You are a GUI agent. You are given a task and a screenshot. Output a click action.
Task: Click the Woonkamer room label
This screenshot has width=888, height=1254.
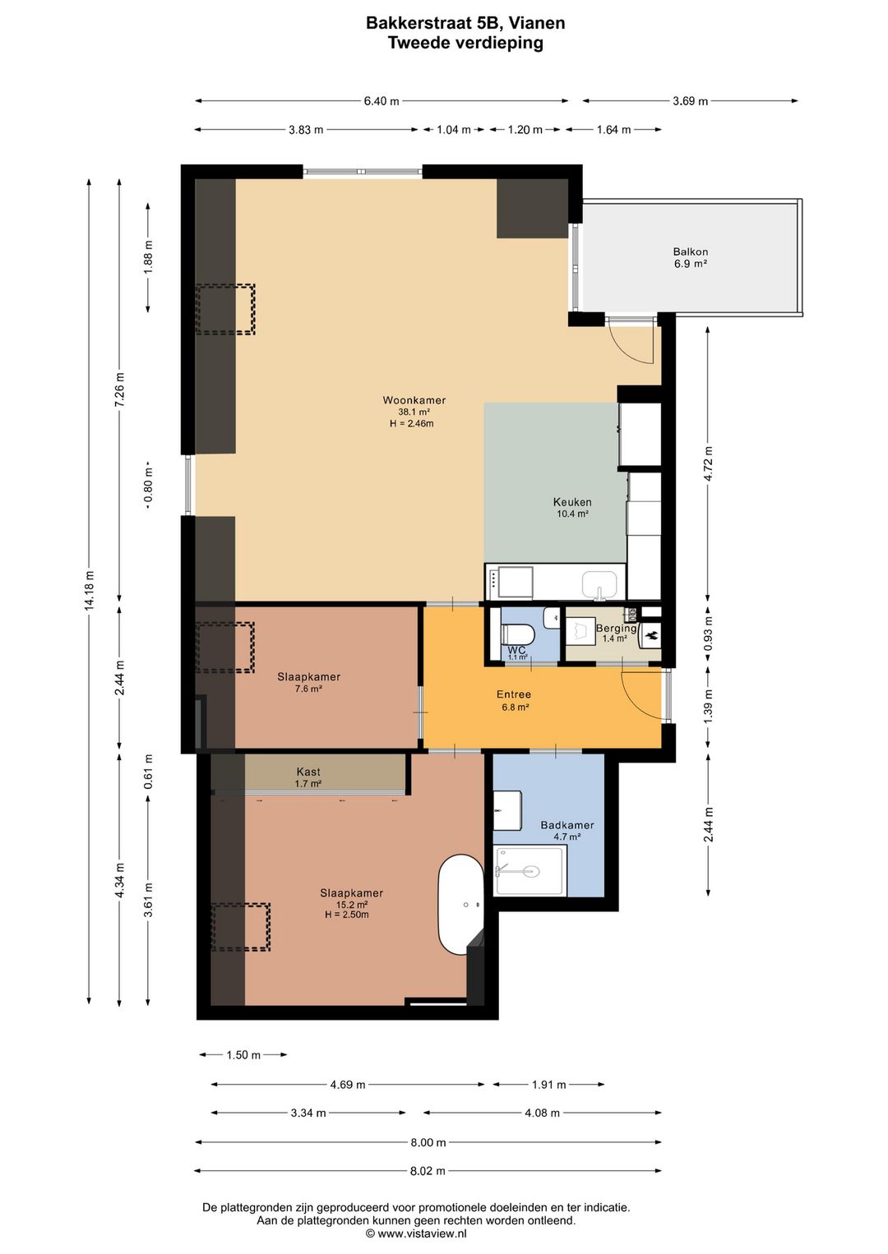pos(414,400)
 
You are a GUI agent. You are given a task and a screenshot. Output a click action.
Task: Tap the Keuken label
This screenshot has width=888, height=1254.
pos(571,502)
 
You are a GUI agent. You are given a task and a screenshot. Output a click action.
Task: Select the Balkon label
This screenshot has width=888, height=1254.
pos(690,252)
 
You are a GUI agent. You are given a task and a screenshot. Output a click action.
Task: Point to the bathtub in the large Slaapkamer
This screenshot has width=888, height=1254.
pos(460,905)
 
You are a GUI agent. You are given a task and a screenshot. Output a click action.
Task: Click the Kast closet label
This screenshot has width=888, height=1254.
pos(308,772)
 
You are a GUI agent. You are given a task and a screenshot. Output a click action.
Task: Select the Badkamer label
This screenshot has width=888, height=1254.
pos(567,825)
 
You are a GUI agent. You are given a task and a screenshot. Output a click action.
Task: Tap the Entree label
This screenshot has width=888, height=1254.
pos(514,694)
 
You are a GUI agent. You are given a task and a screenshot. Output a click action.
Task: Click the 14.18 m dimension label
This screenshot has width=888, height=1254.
pos(90,589)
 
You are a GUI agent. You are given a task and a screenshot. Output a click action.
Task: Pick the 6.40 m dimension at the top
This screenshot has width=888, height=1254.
pos(382,101)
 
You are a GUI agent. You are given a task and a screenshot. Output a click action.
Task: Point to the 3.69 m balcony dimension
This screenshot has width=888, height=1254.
pos(690,101)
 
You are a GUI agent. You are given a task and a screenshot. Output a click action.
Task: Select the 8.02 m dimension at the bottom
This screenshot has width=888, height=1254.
pos(428,1171)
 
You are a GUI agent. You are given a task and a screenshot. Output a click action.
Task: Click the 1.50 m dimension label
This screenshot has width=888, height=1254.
pos(243,1055)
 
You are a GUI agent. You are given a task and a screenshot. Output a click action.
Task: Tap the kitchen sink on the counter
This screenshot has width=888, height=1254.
pos(599,584)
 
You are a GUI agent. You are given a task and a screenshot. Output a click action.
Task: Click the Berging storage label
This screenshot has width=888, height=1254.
pos(616,629)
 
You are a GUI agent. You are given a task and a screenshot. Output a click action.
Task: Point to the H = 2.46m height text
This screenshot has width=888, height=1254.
pos(411,424)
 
